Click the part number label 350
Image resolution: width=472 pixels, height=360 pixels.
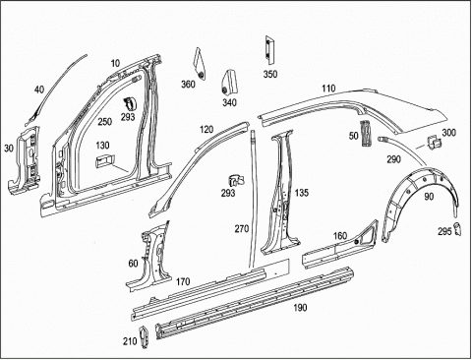tap(270, 74)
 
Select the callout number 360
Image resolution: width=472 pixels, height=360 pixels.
tap(188, 85)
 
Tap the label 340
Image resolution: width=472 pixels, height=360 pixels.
tap(229, 102)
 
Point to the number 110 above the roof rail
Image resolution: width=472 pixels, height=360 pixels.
tap(328, 89)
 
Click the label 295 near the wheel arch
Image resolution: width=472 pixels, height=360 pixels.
tap(444, 231)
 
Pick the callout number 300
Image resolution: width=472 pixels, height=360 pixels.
tap(448, 133)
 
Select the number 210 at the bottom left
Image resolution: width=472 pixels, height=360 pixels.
tap(130, 341)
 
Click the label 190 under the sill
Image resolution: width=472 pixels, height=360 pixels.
tap(300, 308)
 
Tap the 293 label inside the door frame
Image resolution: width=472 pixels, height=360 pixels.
tap(128, 116)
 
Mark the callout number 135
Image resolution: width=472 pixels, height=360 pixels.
tap(302, 193)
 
